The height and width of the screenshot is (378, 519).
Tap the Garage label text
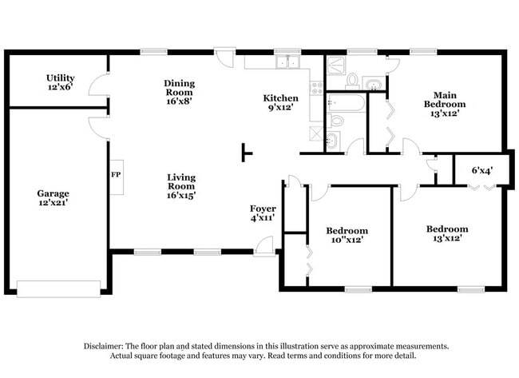(x=53, y=193)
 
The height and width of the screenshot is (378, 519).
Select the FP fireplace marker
(x=115, y=173)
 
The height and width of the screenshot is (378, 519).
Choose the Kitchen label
(x=281, y=98)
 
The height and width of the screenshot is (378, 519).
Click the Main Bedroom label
(x=444, y=99)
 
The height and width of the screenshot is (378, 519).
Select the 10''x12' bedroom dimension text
(x=347, y=240)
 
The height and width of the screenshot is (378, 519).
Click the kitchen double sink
(x=286, y=62)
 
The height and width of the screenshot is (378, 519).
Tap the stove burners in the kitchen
(x=316, y=86)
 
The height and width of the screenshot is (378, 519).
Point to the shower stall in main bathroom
(x=336, y=63)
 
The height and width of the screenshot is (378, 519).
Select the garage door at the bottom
(x=58, y=288)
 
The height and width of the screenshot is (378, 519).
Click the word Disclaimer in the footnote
(x=109, y=346)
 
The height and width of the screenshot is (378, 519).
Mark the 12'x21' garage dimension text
(x=53, y=203)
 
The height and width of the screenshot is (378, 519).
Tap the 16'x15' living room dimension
(x=181, y=195)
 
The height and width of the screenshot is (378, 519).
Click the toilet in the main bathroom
(x=352, y=79)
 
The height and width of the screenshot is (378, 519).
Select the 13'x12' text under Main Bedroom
(x=444, y=113)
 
